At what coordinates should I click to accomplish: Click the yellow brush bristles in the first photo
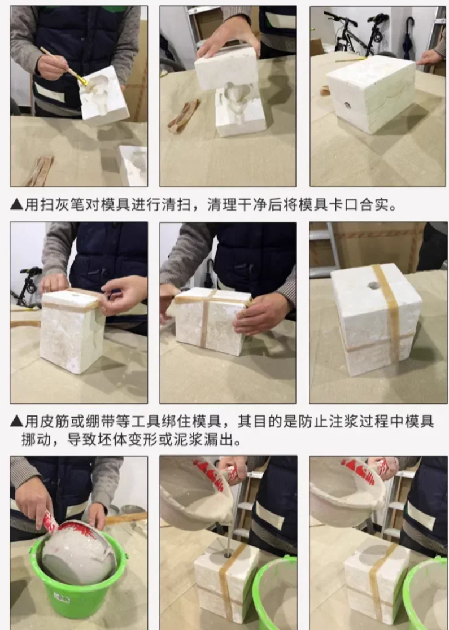[83, 81]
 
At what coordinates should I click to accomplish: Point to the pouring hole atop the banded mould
[374, 286]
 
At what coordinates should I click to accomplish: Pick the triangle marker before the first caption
[16, 205]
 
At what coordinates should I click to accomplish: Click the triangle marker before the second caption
[16, 422]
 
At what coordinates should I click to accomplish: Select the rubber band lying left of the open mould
[184, 116]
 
